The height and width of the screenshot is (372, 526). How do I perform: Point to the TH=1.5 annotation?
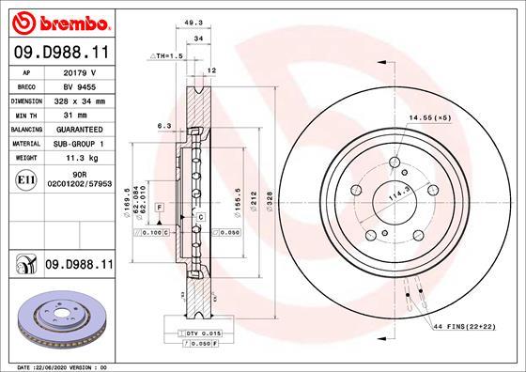pyautogui.click(x=170, y=56)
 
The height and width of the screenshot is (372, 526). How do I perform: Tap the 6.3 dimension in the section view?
pyautogui.click(x=163, y=125)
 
